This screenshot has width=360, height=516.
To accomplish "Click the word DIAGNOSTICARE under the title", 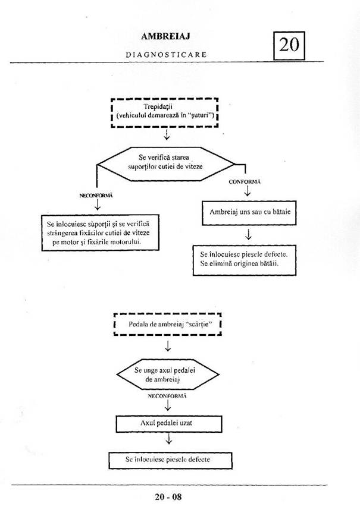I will pyautogui.click(x=166, y=54).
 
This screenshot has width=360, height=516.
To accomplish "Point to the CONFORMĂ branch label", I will pyautogui.click(x=246, y=181).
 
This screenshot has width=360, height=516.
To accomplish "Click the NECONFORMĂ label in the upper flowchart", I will pyautogui.click(x=96, y=195).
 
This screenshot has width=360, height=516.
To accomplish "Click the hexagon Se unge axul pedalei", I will pyautogui.click(x=167, y=375).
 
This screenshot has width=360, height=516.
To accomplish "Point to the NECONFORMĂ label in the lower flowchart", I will pyautogui.click(x=167, y=395).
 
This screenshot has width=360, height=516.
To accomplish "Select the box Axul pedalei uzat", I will pyautogui.click(x=169, y=423).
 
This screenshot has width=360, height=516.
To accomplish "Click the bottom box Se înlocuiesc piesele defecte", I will pyautogui.click(x=169, y=460).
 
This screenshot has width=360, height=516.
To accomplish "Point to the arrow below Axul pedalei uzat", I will pyautogui.click(x=169, y=441).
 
